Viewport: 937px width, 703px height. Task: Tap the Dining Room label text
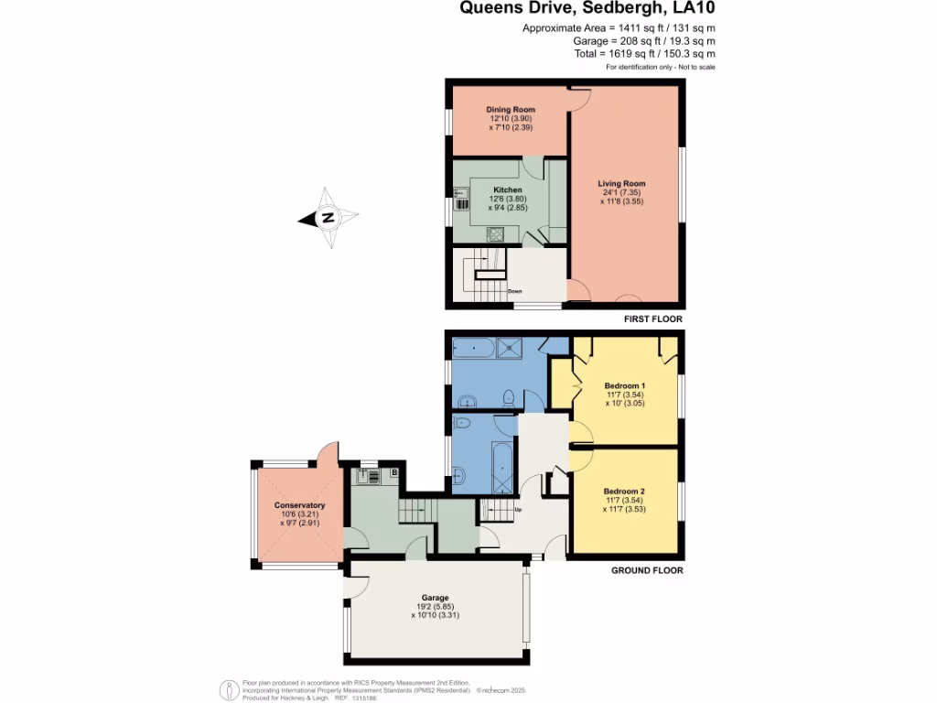tap(510, 110)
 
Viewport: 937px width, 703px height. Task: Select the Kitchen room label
tap(507, 190)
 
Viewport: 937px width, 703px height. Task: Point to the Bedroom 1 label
tap(625, 385)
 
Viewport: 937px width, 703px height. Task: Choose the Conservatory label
tap(299, 505)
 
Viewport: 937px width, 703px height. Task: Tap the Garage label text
tap(436, 598)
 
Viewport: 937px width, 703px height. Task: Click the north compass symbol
tap(327, 218)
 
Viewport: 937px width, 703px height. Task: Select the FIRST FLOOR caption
tap(652, 319)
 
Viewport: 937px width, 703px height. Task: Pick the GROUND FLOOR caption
tap(646, 570)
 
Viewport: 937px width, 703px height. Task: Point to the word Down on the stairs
tap(515, 292)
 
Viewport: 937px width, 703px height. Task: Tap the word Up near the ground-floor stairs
tap(518, 510)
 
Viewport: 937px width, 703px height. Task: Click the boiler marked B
tap(394, 473)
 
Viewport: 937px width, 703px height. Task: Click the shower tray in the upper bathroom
tap(510, 346)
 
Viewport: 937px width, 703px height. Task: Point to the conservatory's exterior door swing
tap(328, 452)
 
